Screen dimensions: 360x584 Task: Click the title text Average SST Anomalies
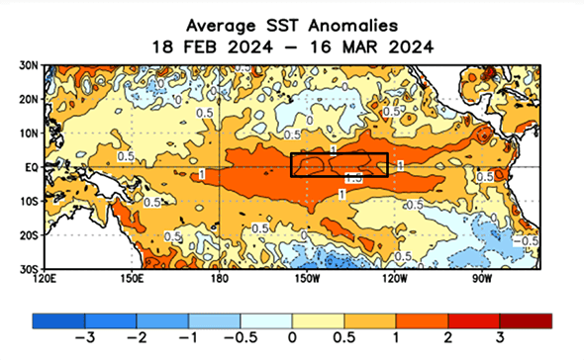pyautogui.click(x=293, y=22)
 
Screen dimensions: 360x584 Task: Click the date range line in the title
pyautogui.click(x=293, y=45)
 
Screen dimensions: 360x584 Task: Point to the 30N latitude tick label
pyautogui.click(x=30, y=65)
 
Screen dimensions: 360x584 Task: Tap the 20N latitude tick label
pyautogui.click(x=30, y=99)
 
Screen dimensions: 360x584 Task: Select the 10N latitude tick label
pyautogui.click(x=30, y=133)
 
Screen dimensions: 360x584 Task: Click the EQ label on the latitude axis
pyautogui.click(x=32, y=167)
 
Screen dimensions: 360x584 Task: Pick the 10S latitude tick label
pyautogui.click(x=30, y=201)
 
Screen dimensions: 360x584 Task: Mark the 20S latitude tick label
pyautogui.click(x=30, y=234)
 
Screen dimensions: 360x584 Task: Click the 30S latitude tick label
pyautogui.click(x=30, y=268)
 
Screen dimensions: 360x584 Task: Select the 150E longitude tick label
pyautogui.click(x=132, y=279)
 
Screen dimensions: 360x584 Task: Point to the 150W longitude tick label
pyautogui.click(x=306, y=279)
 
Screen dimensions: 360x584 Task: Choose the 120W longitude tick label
pyautogui.click(x=393, y=279)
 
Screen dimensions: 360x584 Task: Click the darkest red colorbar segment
pyautogui.click(x=527, y=320)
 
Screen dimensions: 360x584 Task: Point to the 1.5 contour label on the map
pyautogui.click(x=352, y=179)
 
